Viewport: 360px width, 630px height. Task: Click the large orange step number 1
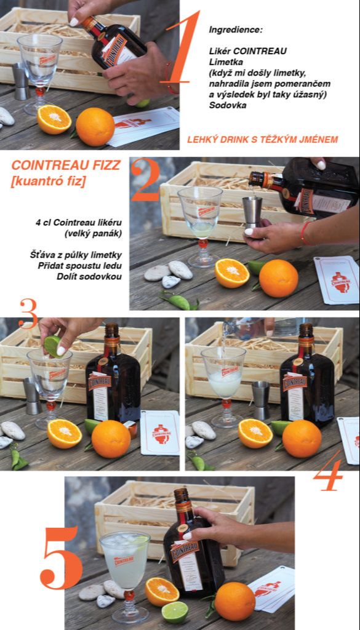point(183,47)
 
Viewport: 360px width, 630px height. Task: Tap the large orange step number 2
point(145,180)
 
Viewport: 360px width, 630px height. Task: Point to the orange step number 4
point(328,471)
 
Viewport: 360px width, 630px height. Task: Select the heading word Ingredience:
point(236,30)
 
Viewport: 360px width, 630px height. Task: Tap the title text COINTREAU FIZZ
point(66,165)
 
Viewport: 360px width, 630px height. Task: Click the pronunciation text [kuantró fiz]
point(48,181)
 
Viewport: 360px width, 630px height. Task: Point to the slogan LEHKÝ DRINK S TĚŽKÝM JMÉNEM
point(262,140)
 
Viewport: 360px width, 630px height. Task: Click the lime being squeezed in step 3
point(53,346)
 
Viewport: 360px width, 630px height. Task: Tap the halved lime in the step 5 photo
point(175,612)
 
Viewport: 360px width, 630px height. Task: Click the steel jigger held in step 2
point(252,211)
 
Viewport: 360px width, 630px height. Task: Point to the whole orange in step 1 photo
point(95,127)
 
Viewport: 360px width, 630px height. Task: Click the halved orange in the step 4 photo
point(255,433)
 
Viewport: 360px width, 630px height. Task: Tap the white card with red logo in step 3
point(160,433)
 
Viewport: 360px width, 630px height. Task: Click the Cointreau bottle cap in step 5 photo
point(182,496)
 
